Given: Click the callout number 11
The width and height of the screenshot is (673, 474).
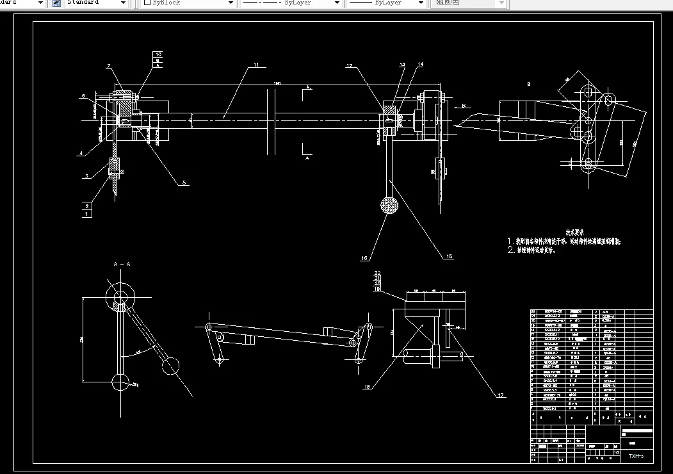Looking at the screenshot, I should click(255, 65).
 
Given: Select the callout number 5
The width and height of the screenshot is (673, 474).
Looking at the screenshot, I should click(184, 183).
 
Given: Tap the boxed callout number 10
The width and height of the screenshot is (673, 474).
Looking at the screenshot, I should click(158, 54).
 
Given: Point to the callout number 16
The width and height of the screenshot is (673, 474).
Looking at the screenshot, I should click(364, 258).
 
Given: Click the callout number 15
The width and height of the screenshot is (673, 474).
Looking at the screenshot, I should click(449, 256).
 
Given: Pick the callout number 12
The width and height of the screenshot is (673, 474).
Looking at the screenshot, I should click(350, 65).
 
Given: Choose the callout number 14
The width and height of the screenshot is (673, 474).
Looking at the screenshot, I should click(420, 64).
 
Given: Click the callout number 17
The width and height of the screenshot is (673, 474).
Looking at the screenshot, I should click(501, 395).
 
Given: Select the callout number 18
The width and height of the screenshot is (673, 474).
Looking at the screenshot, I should click(367, 386).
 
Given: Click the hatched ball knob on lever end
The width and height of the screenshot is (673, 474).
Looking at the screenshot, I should click(389, 206).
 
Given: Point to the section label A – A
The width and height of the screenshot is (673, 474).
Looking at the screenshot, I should click(122, 264).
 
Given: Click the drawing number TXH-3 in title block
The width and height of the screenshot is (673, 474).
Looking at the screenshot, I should click(635, 456).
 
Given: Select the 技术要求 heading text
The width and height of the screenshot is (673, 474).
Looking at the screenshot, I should click(575, 233).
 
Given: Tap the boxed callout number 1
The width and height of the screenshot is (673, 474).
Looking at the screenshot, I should click(86, 214).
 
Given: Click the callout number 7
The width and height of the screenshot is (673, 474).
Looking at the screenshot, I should click(109, 66).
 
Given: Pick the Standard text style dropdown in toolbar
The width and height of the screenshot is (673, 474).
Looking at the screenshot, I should click(97, 3).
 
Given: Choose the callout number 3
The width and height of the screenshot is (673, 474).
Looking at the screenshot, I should click(85, 176).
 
